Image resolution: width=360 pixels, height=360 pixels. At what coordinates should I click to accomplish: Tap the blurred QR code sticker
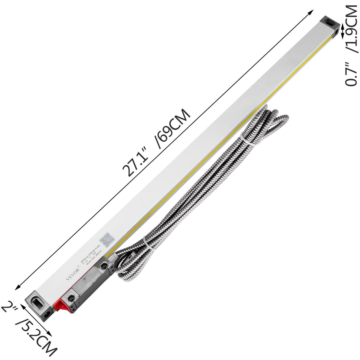point(105,240)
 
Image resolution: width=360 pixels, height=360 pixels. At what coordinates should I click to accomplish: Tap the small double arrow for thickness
point(343,32)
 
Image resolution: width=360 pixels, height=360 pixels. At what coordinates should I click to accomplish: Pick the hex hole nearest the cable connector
point(104,265)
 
